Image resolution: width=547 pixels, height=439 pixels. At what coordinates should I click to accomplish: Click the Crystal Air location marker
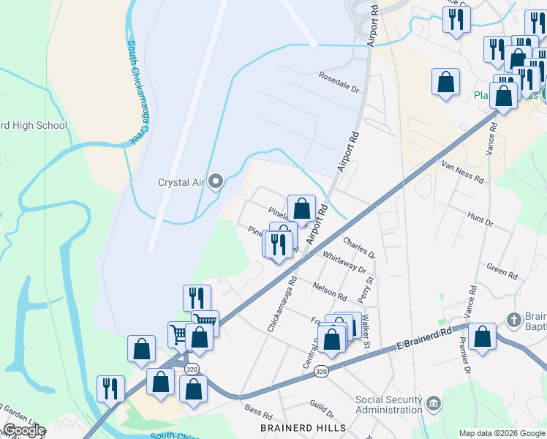tap(215, 181)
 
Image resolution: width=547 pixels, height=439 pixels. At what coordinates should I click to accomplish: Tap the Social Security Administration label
tap(389, 405)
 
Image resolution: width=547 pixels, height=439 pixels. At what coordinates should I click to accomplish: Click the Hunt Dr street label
tap(480, 217)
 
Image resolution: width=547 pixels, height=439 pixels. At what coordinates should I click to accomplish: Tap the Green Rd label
tap(502, 271)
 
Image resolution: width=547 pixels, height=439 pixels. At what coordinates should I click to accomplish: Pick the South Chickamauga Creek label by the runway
tap(134, 91)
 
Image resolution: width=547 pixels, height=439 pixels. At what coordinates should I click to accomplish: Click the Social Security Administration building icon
tap(434, 402)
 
